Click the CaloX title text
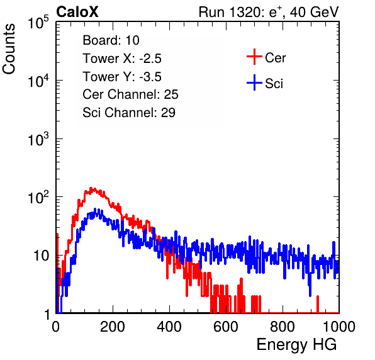pyautogui.click(x=77, y=12)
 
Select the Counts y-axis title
pyautogui.click(x=9, y=49)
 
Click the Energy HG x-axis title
pyautogui.click(x=296, y=345)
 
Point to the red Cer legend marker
pyautogui.click(x=254, y=57)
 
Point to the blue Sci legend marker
pyautogui.click(x=254, y=82)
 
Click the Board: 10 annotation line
pyautogui.click(x=111, y=40)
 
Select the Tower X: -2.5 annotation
pyautogui.click(x=122, y=59)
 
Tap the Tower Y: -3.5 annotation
pyautogui.click(x=122, y=77)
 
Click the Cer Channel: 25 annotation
pyautogui.click(x=130, y=94)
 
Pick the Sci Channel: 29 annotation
pyautogui.click(x=129, y=113)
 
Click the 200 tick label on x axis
pyautogui.click(x=113, y=327)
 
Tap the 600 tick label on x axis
pyautogui.click(x=226, y=327)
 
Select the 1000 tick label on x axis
pyautogui.click(x=339, y=327)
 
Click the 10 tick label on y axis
pyautogui.click(x=42, y=256)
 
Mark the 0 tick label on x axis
pyautogui.click(x=56, y=327)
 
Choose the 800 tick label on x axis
pyautogui.click(x=283, y=327)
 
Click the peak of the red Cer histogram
pyautogui.click(x=91, y=188)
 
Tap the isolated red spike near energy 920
pyautogui.click(x=318, y=304)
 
